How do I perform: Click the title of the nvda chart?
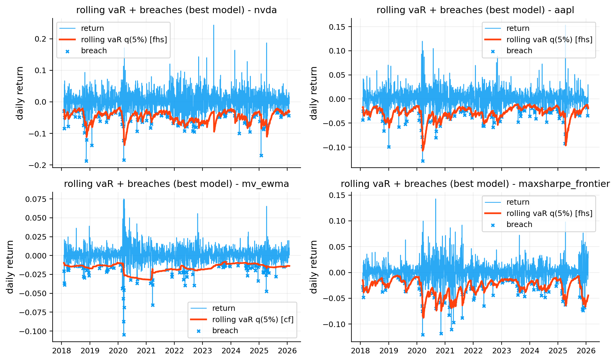pos(176,10)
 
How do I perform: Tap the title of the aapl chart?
pos(475,10)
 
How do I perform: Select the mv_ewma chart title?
pos(176,184)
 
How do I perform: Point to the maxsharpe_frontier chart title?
pos(475,184)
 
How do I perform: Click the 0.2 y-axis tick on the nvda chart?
pos(41,39)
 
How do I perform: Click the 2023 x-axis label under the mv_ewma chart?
pos(202,351)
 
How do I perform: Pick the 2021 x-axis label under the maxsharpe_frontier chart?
pos(445,351)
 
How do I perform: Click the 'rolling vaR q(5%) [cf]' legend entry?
pos(253,319)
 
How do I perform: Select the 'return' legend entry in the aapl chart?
pos(518,28)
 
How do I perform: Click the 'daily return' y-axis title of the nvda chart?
pos(20,93)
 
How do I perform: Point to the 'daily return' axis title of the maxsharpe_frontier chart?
pos(314,267)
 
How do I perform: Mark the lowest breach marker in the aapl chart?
pos(423,161)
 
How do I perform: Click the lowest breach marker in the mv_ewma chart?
pos(124,335)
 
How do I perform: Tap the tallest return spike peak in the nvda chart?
pos(213,25)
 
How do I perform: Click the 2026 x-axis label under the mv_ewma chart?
pos(287,351)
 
